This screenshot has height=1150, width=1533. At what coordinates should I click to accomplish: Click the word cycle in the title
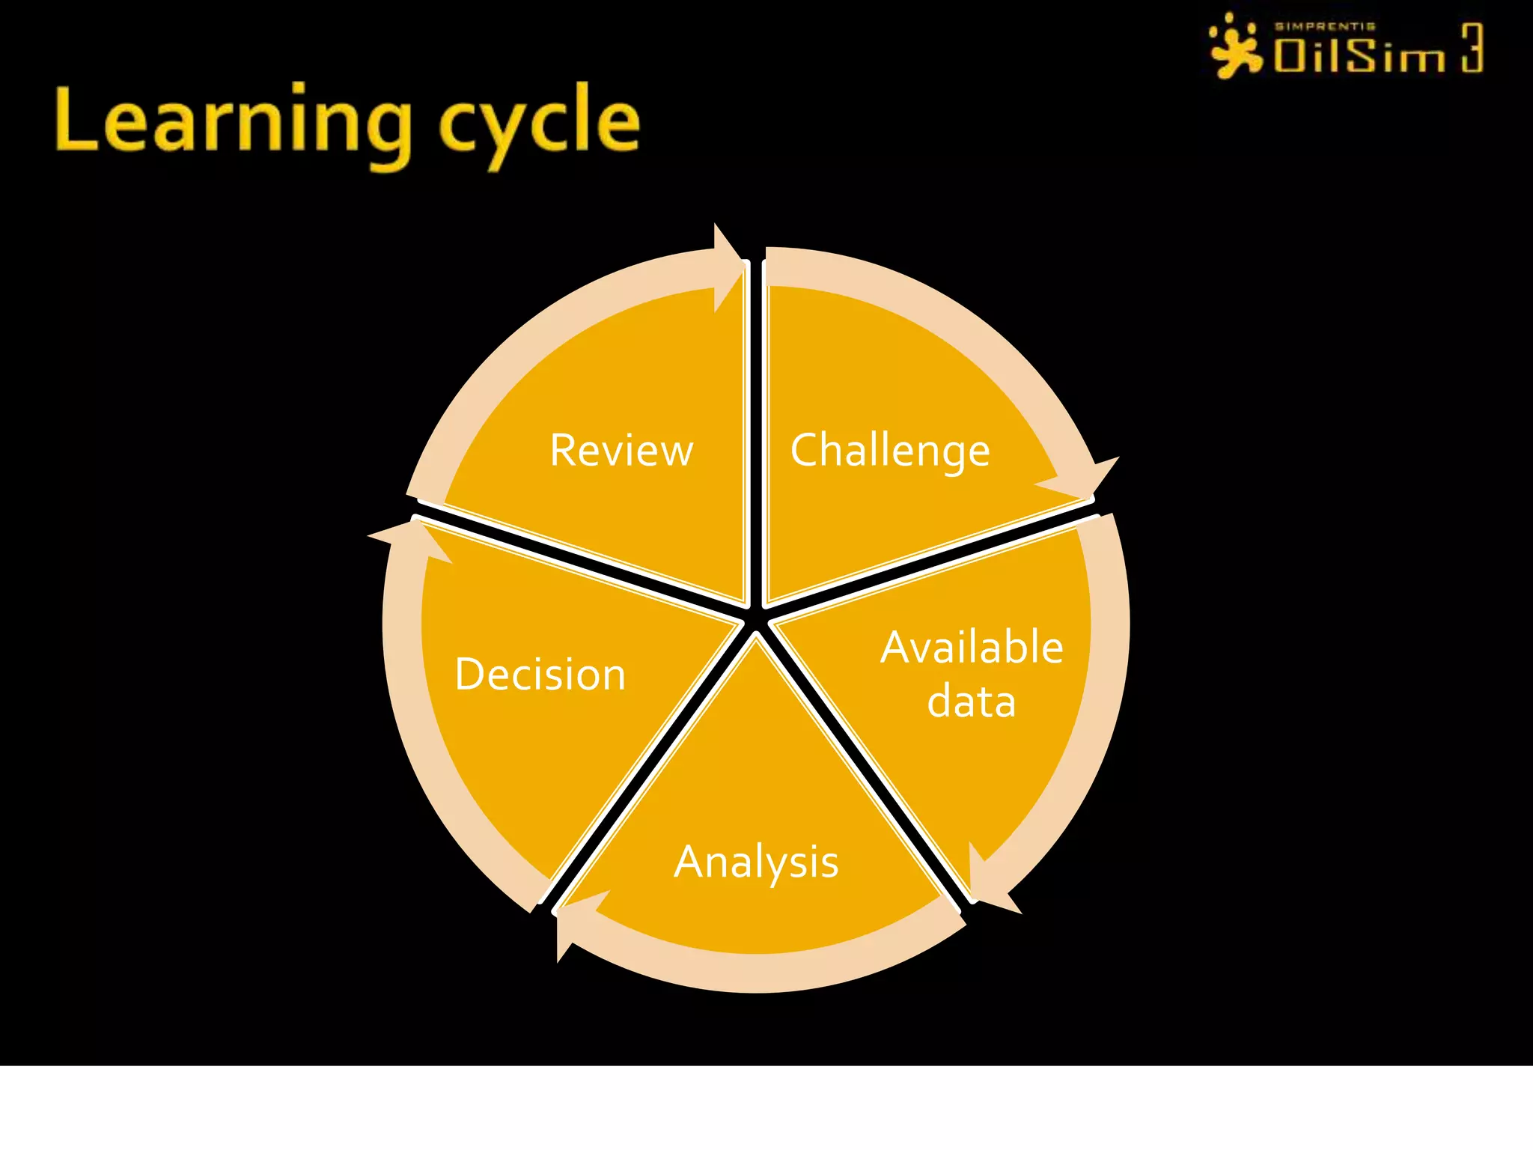tap(539, 124)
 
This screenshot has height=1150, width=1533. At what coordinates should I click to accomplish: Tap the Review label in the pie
tap(621, 451)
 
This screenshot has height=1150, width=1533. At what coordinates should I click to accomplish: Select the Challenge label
tap(890, 451)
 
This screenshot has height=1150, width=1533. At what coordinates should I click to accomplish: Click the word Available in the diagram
tap(972, 648)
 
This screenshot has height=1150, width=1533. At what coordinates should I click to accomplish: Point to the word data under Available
tap(972, 702)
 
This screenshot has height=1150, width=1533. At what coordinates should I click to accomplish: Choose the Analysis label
tap(756, 862)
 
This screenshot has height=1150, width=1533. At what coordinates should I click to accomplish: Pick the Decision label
tap(540, 674)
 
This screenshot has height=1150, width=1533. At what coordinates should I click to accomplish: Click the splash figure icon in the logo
tap(1235, 46)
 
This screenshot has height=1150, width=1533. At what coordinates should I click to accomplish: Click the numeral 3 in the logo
tap(1472, 48)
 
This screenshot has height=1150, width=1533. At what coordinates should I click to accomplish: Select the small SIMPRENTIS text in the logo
tap(1325, 26)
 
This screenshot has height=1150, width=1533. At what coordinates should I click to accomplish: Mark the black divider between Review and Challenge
tap(756, 434)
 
